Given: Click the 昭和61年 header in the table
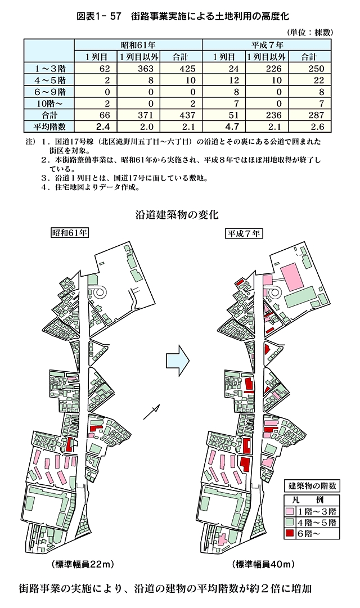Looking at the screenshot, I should [x=138, y=43].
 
